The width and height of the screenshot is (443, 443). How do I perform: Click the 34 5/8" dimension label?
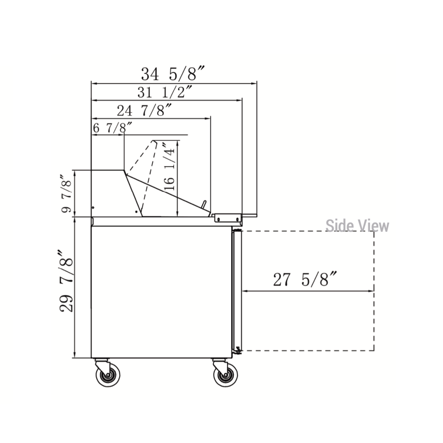(x=173, y=74)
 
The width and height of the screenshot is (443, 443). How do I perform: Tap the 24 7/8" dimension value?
(x=144, y=110)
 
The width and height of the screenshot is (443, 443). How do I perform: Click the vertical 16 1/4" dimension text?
(x=170, y=167)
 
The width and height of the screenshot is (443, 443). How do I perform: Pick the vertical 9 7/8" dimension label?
(x=67, y=194)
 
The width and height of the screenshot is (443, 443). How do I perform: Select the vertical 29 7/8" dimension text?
(x=67, y=281)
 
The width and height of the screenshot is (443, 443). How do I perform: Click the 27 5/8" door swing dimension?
(x=305, y=279)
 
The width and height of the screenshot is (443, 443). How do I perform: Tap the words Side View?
(x=357, y=226)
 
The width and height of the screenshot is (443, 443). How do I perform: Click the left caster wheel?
(x=108, y=375)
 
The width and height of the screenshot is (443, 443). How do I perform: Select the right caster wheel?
(x=226, y=375)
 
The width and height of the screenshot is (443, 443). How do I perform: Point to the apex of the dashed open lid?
(x=155, y=141)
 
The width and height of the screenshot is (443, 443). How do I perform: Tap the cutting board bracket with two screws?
(x=228, y=218)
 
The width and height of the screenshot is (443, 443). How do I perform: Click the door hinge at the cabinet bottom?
(x=238, y=350)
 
